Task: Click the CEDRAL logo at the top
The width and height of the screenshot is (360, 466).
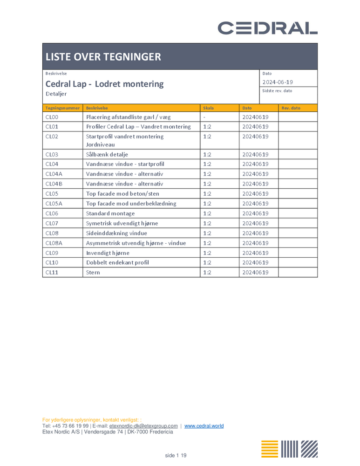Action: [268, 28]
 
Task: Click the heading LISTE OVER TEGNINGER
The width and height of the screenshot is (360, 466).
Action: [103, 57]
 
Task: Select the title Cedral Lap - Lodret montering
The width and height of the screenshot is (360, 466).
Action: [104, 84]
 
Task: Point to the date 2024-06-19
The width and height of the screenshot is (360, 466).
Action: [278, 82]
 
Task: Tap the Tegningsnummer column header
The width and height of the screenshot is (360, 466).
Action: [62, 108]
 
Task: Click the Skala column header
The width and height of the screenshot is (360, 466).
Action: [208, 108]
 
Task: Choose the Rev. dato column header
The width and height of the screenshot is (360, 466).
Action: [291, 108]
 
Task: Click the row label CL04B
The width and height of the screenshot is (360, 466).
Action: [54, 184]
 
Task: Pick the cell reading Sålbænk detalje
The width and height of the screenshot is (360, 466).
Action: [107, 154]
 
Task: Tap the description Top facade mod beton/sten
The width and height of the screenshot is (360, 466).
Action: [122, 193]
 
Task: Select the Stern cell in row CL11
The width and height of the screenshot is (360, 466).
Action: [93, 272]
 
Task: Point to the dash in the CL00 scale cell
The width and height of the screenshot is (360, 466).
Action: [204, 117]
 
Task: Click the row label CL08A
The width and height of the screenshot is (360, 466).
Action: [54, 243]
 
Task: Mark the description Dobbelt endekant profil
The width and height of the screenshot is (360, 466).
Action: [117, 262]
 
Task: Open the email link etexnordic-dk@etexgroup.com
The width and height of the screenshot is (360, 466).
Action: [143, 425]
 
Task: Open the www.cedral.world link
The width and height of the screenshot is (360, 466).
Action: [204, 425]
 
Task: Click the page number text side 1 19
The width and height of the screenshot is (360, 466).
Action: [176, 455]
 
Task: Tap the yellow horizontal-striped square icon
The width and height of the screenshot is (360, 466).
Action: [270, 449]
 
